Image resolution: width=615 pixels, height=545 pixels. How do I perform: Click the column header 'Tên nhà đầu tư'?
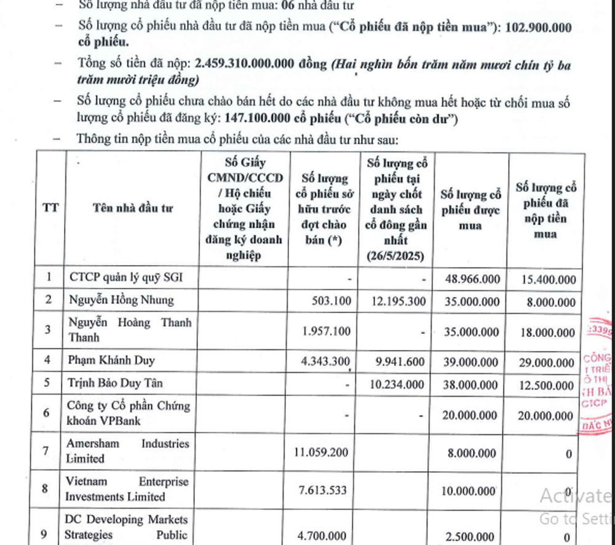[133, 208]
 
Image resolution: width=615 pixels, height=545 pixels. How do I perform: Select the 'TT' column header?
[50, 207]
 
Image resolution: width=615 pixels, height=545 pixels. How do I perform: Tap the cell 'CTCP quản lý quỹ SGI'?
[125, 278]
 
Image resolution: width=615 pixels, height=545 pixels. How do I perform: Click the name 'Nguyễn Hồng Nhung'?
[121, 300]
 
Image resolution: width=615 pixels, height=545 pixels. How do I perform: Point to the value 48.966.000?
[472, 279]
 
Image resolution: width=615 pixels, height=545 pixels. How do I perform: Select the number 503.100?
[331, 301]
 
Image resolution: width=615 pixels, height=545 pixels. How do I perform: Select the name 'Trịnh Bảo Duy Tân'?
[116, 383]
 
